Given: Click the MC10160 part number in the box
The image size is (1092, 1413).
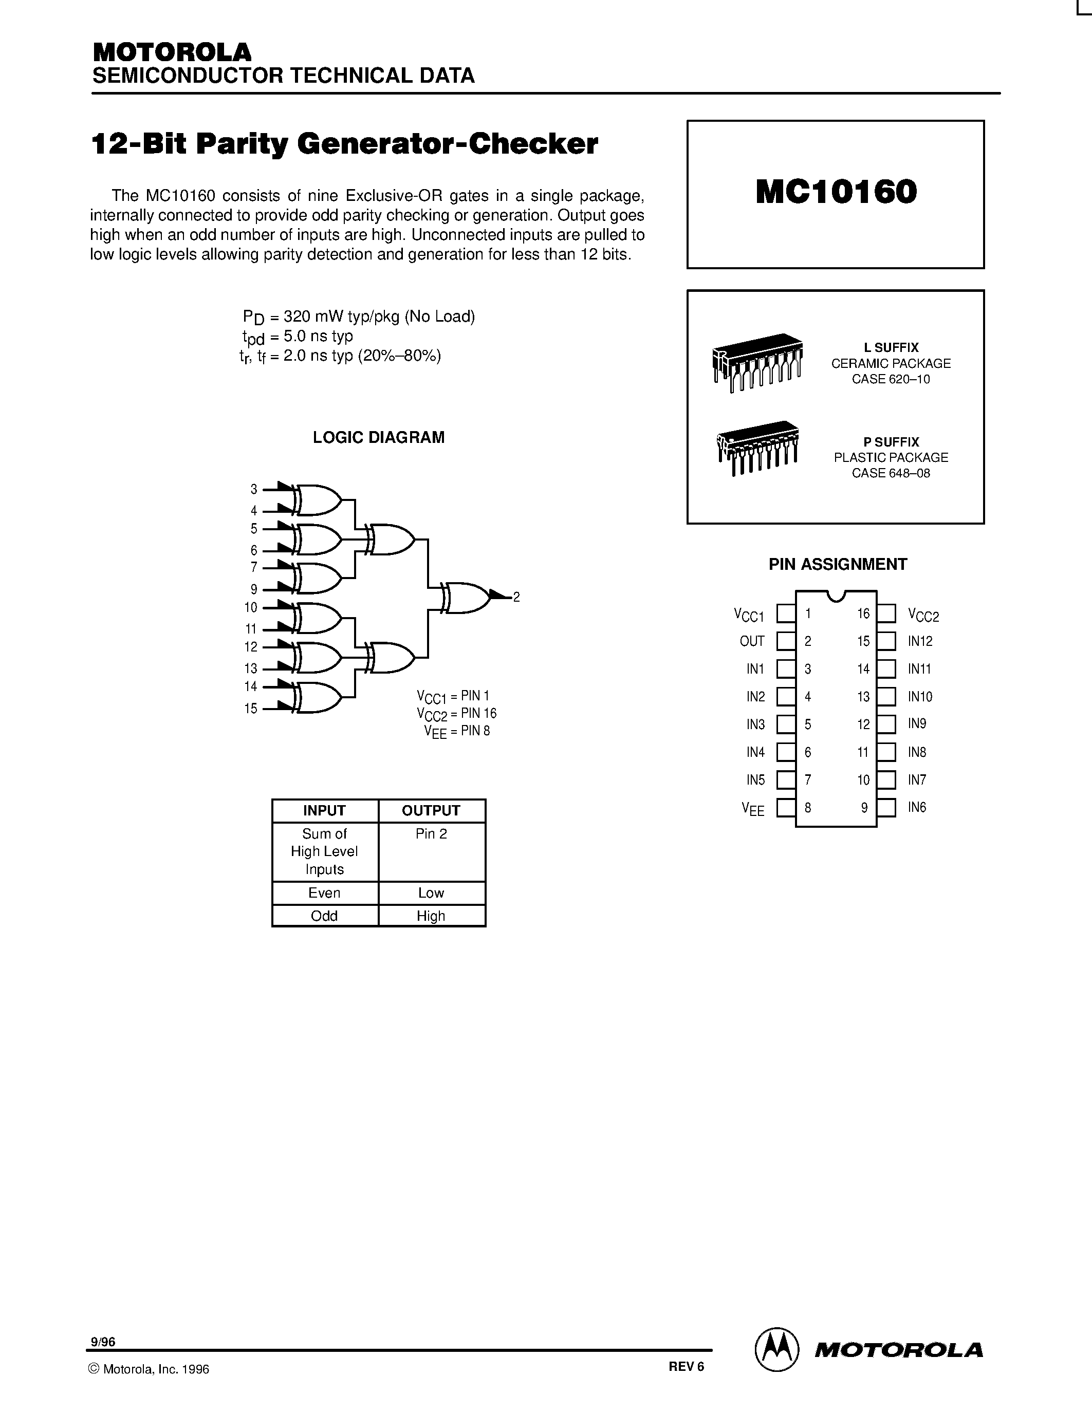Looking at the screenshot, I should [836, 192].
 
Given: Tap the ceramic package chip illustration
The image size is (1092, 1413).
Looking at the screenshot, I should [757, 362].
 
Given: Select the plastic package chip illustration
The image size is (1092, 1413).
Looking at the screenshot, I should [757, 448].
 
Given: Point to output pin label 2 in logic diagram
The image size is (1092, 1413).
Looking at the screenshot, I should [516, 597].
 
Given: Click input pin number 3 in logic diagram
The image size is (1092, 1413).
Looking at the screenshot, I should [253, 490].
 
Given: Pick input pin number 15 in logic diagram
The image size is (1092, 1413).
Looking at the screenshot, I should [251, 709].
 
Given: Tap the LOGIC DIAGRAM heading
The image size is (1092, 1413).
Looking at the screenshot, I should [378, 437].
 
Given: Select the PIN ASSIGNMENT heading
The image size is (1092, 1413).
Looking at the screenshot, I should [837, 564].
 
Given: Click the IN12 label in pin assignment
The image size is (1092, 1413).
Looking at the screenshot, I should [920, 641].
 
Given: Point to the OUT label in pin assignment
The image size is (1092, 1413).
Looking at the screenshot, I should [752, 641].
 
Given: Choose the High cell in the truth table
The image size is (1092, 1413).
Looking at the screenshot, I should [431, 916].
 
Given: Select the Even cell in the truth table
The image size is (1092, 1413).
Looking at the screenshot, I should [324, 893].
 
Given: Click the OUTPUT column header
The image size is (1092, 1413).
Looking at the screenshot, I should [431, 811].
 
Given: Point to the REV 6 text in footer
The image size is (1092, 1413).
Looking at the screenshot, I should [686, 1366].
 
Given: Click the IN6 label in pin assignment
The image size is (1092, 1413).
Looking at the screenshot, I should [917, 807].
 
